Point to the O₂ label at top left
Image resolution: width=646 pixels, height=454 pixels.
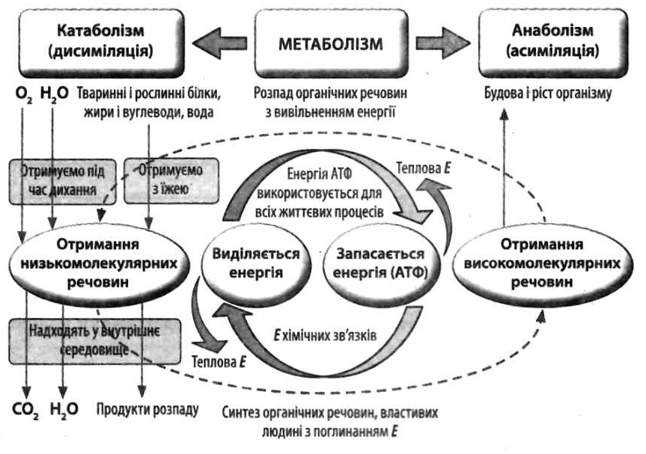point(24,96)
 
